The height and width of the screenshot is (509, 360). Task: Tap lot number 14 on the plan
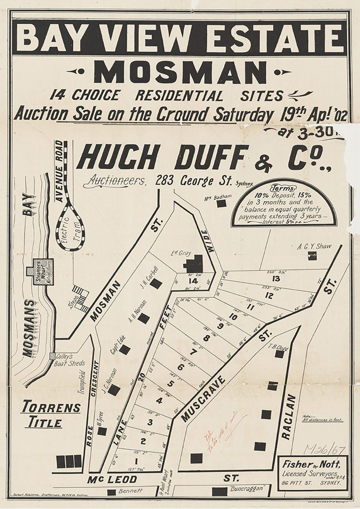(193, 281)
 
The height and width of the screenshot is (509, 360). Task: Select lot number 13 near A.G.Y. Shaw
(276, 279)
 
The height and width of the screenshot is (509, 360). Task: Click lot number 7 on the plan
(194, 352)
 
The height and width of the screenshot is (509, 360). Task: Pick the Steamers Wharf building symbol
(40, 271)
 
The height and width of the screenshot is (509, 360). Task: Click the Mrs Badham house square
(221, 204)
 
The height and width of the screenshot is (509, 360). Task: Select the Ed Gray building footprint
(194, 264)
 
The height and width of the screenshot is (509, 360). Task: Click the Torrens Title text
(51, 414)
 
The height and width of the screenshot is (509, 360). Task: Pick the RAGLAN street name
(288, 417)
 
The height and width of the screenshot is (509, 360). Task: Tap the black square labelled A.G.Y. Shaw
(312, 255)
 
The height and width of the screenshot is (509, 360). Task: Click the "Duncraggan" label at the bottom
(250, 488)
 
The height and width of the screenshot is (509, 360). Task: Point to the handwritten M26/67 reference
(325, 450)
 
